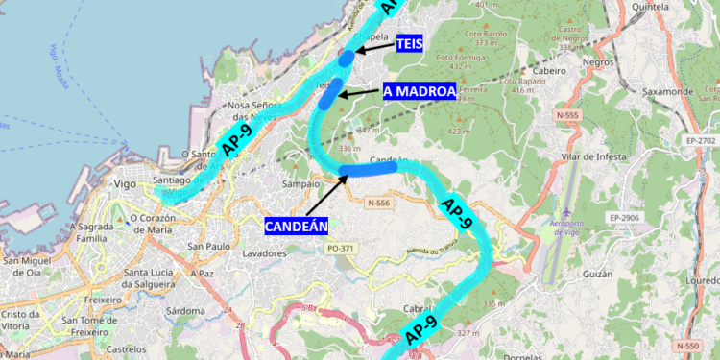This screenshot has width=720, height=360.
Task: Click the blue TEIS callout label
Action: pyautogui.click(x=409, y=44)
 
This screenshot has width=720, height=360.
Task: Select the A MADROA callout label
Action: pyautogui.click(x=419, y=91)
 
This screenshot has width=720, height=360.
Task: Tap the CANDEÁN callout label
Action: pyautogui.click(x=297, y=227)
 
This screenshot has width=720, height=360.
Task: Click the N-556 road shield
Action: pyautogui.click(x=379, y=203)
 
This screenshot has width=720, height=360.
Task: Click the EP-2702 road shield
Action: pyautogui.click(x=702, y=141)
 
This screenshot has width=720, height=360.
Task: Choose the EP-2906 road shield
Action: pyautogui.click(x=625, y=218)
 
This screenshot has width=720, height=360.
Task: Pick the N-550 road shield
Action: pyautogui.click(x=686, y=345)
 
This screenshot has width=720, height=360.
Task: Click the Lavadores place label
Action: pyautogui.click(x=265, y=254)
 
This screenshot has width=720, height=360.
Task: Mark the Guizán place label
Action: pyautogui.click(x=597, y=274)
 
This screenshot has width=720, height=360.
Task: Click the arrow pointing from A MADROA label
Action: pyautogui.click(x=360, y=92)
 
